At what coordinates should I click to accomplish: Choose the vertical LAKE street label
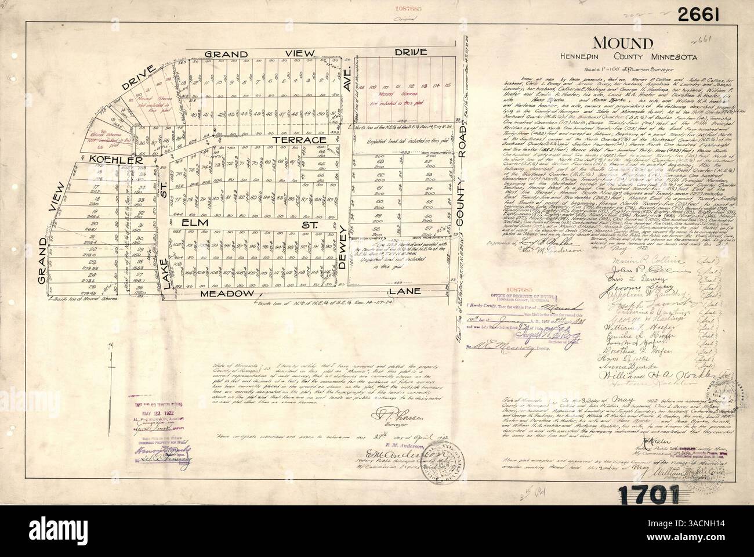tap(164, 271)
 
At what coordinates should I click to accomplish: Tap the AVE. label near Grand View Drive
tap(347, 84)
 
